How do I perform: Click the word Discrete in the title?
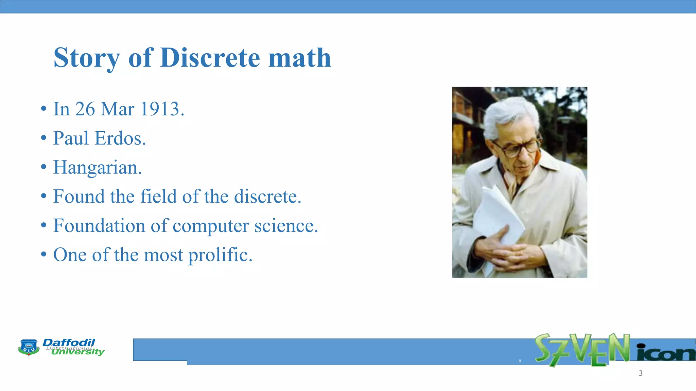pos(210,58)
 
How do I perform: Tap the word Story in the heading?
pos(86,58)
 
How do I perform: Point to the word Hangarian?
pos(98,168)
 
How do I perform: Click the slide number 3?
pos(640,373)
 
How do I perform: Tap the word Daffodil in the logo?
pos(69,342)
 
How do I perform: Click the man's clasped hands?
pos(500,249)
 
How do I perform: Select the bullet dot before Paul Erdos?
pos(43,138)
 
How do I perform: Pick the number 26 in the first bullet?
pos(85,109)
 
